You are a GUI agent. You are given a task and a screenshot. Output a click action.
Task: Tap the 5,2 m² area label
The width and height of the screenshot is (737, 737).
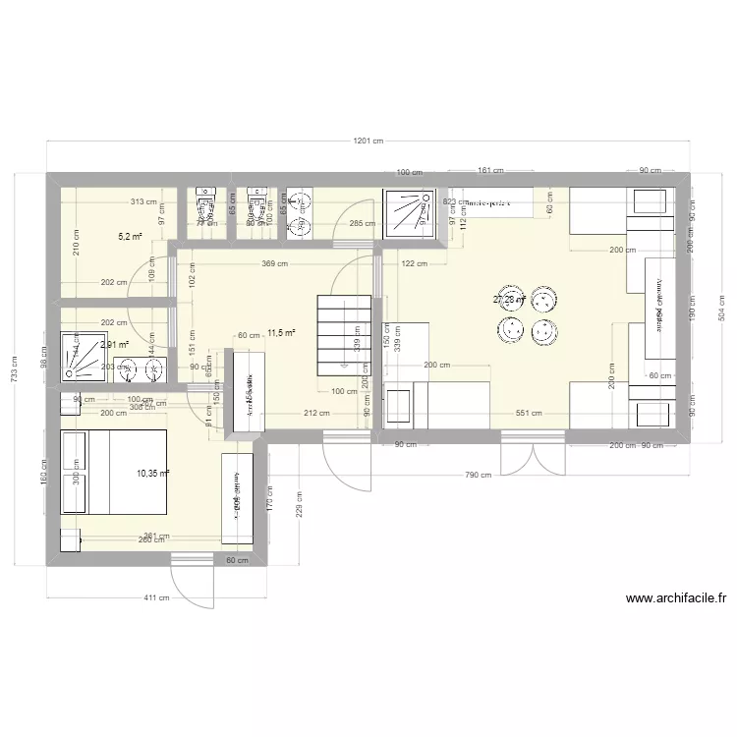click(x=130, y=237)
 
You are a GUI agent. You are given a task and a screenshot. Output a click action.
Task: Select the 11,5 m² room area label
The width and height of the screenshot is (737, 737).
click(x=281, y=333)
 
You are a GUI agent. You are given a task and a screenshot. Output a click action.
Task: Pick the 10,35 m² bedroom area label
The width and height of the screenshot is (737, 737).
click(x=153, y=474)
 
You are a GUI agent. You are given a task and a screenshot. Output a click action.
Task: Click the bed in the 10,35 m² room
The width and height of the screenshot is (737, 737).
click(x=113, y=472)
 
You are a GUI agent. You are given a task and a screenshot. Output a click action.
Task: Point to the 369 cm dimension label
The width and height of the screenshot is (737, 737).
click(x=274, y=263)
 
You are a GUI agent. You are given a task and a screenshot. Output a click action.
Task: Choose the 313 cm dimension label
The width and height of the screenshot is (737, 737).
click(x=142, y=201)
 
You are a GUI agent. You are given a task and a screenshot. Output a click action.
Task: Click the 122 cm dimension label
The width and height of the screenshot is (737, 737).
click(x=415, y=263)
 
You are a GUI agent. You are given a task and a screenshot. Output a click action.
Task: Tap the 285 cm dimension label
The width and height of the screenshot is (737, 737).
click(x=362, y=224)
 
